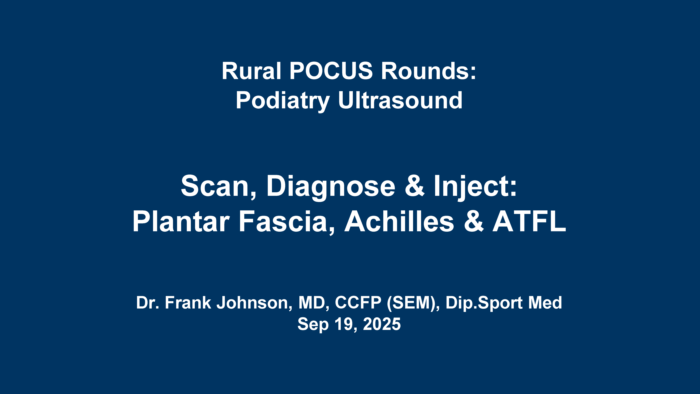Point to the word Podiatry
click(283, 101)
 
